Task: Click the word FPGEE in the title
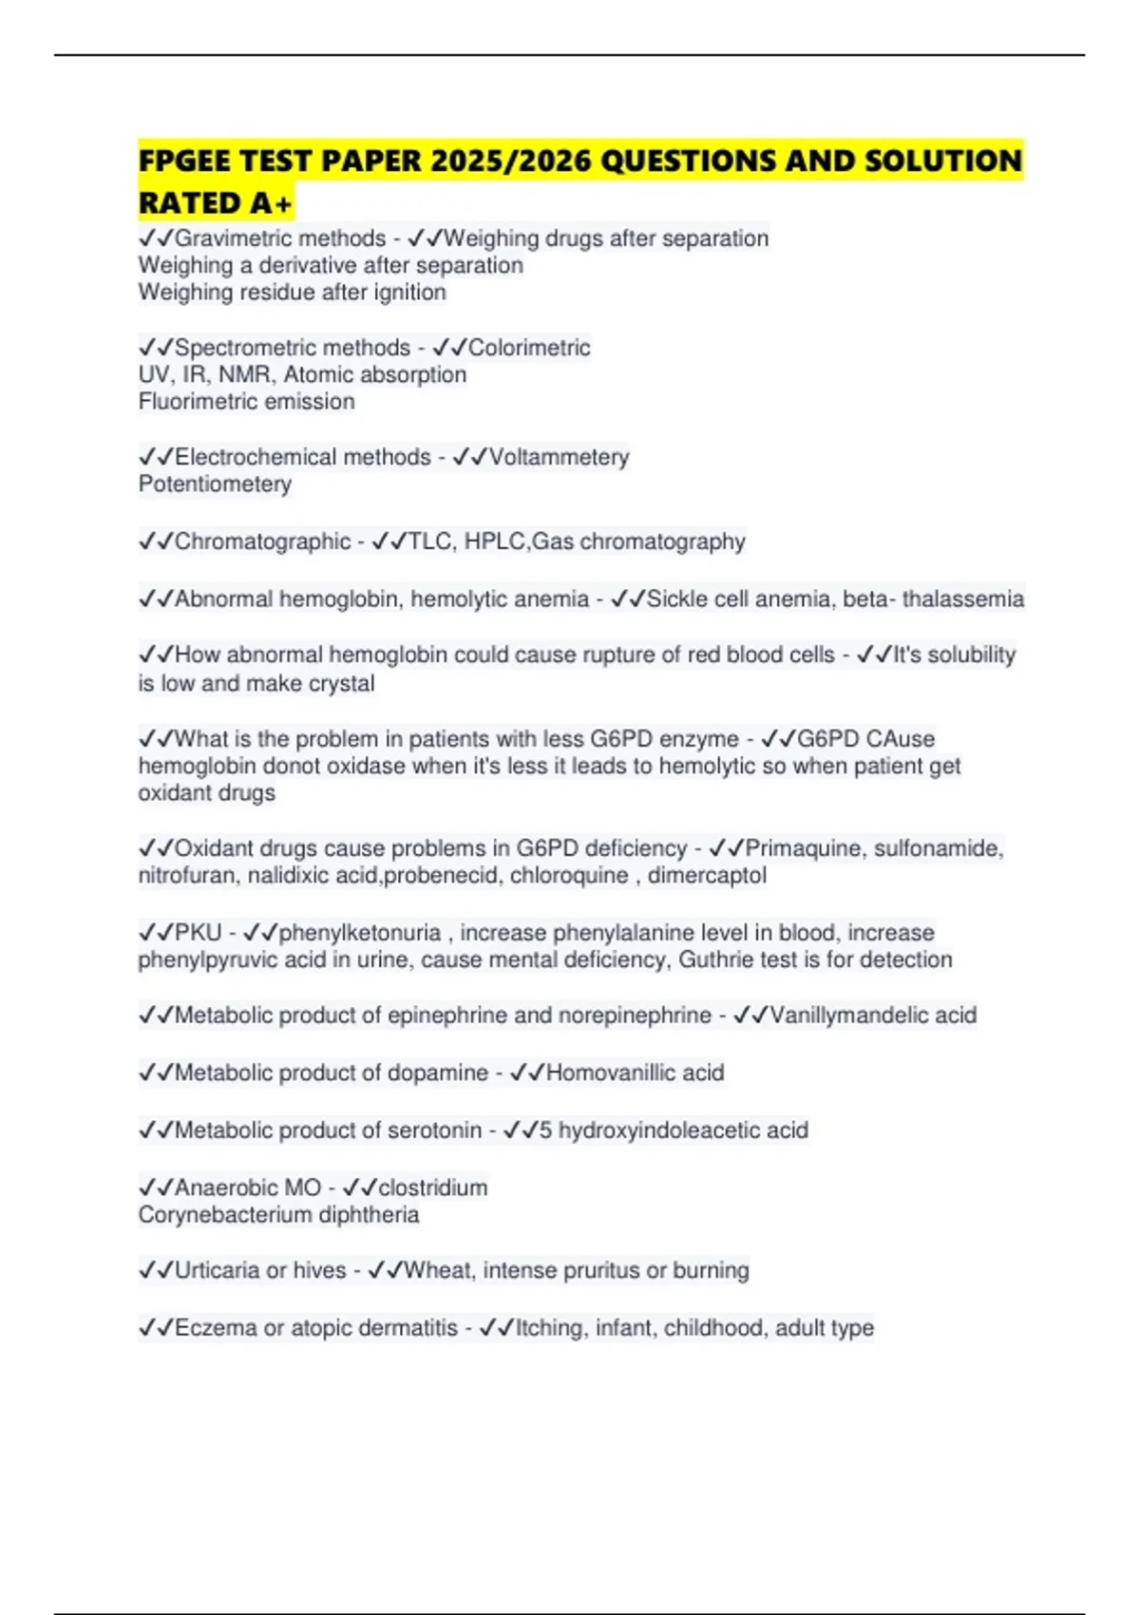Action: pyautogui.click(x=183, y=161)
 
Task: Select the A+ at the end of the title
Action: pyautogui.click(x=272, y=202)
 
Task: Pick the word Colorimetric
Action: pyautogui.click(x=529, y=348)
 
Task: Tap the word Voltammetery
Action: pyautogui.click(x=559, y=458)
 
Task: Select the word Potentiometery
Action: pyautogui.click(x=215, y=484)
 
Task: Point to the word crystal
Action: pyautogui.click(x=338, y=684)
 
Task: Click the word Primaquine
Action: pyautogui.click(x=805, y=848)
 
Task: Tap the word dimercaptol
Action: pyautogui.click(x=707, y=876)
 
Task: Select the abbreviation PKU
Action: pyautogui.click(x=198, y=933)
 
